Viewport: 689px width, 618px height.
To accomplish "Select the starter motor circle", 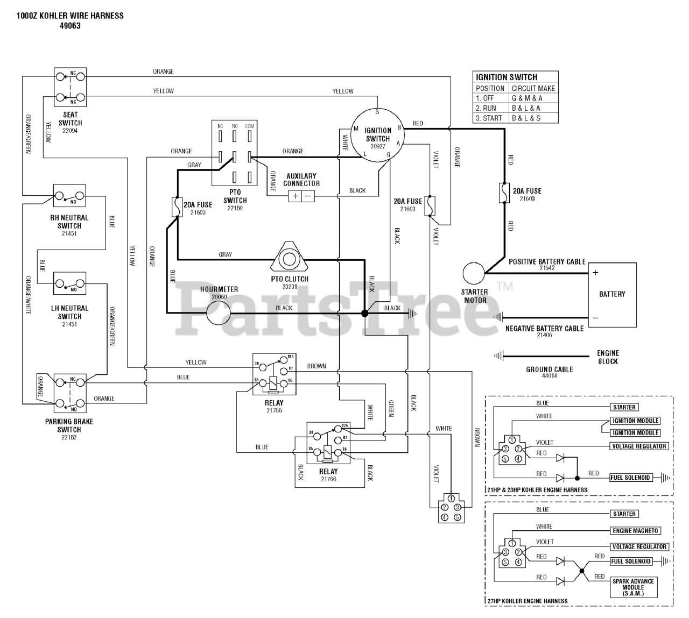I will [474, 274].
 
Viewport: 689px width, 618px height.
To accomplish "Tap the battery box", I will [612, 294].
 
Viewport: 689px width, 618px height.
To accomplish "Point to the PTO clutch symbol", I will [289, 259].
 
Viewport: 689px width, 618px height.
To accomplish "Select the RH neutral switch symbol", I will [69, 196].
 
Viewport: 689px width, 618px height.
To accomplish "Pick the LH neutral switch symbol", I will [69, 283].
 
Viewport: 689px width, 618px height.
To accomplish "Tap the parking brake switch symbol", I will [70, 391].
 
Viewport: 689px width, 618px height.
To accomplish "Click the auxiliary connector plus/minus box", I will [301, 196].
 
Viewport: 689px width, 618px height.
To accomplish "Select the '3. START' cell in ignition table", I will [489, 118].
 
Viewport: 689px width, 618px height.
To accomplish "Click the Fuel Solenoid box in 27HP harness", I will [631, 561].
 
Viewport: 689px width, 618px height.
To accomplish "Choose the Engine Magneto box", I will [635, 531].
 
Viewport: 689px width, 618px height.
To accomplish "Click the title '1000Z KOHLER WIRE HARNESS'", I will [70, 16].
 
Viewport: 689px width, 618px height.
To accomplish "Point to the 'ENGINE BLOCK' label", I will [608, 357].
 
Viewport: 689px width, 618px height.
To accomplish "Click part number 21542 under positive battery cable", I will [547, 268].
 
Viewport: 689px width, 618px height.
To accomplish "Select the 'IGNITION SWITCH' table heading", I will [507, 77].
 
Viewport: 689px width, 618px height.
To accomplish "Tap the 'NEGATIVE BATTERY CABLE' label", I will [544, 328].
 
